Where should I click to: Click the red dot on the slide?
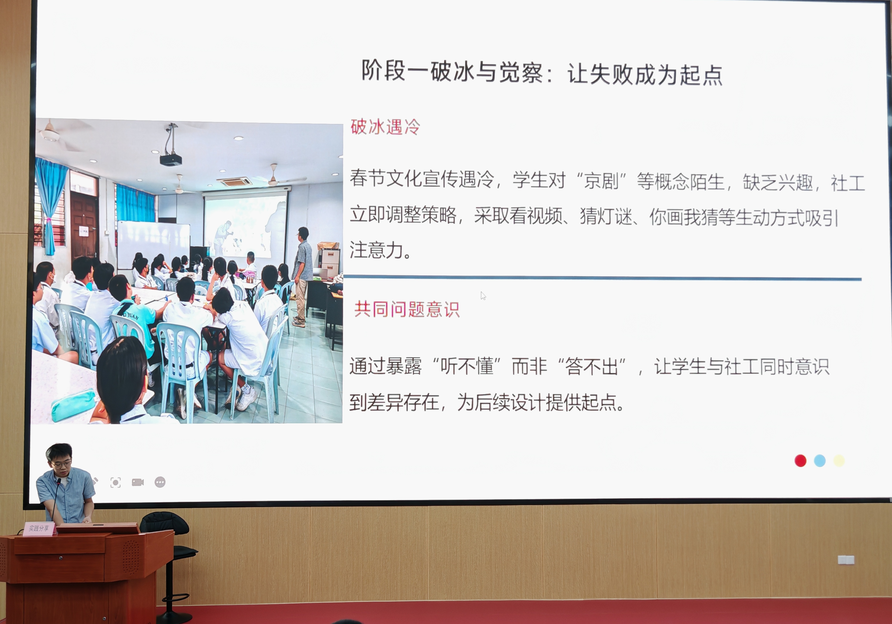(800, 461)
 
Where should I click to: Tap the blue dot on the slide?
(820, 461)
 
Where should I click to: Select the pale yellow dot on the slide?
(839, 461)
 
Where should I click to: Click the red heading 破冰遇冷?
(385, 127)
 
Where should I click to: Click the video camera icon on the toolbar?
(138, 482)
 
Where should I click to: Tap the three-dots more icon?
(160, 482)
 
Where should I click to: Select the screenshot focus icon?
(115, 482)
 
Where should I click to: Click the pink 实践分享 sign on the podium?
(39, 529)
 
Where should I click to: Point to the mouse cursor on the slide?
(483, 296)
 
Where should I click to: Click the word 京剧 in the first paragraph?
(601, 181)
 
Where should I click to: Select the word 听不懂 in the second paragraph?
(467, 366)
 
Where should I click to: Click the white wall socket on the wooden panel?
(846, 560)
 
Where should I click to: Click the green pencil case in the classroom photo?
(74, 405)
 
